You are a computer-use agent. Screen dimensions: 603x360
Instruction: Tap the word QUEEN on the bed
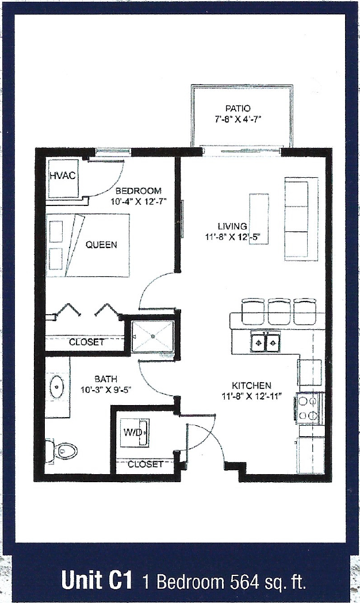(101, 245)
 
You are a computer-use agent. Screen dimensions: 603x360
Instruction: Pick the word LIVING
(232, 226)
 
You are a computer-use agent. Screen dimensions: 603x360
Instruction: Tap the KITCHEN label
(251, 385)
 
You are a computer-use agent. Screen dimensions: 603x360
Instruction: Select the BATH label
(106, 379)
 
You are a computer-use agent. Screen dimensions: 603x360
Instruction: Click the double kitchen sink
(265, 343)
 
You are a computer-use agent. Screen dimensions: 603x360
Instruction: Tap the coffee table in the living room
(258, 219)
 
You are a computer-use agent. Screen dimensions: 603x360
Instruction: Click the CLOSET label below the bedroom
(87, 342)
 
